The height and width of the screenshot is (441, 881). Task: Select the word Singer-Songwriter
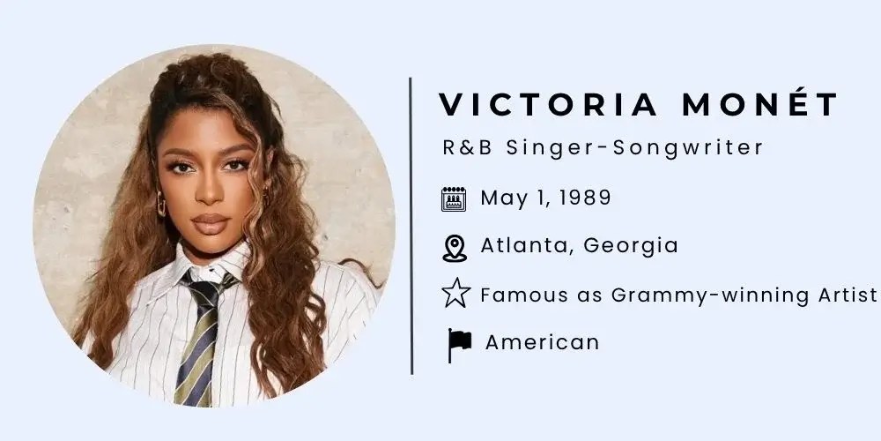point(635,147)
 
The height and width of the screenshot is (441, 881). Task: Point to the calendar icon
point(454,199)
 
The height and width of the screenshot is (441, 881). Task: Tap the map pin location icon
point(455,248)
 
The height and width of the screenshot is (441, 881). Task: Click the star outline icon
point(455,293)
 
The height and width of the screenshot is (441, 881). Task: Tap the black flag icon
point(459,345)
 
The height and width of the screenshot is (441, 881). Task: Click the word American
point(542,342)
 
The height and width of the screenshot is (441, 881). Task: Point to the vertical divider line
point(411,225)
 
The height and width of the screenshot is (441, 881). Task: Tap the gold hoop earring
point(161,204)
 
